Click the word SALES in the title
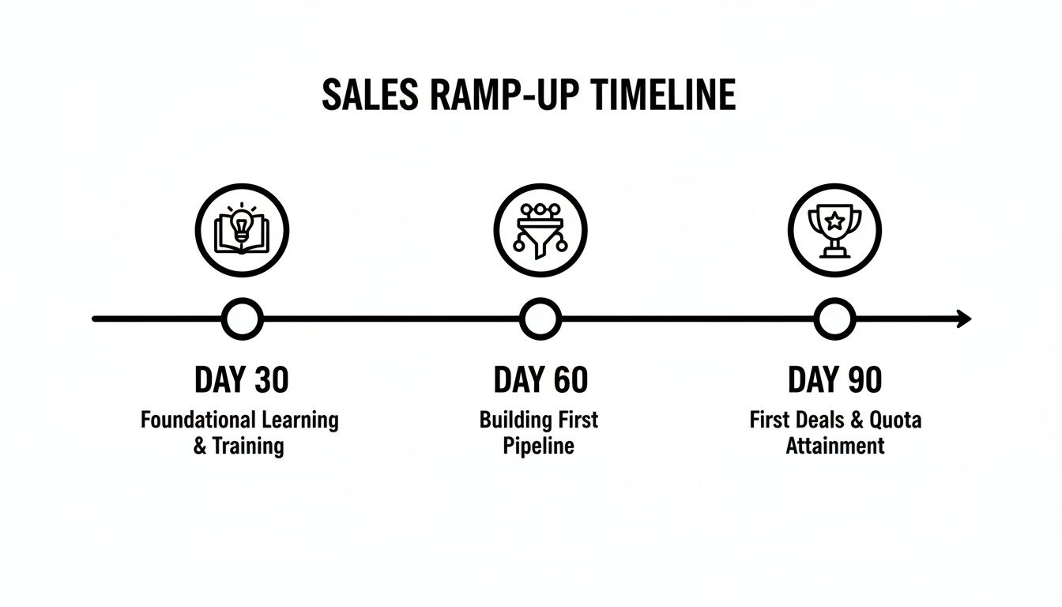[369, 96]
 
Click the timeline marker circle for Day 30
[242, 319]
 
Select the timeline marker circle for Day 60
[540, 319]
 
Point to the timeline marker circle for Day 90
[834, 319]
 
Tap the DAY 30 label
[242, 380]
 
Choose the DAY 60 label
[540, 380]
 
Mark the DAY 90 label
[834, 380]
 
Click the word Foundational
[198, 420]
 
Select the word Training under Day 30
[247, 445]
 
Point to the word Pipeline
[539, 445]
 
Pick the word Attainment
[834, 445]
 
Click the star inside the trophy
[834, 222]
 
